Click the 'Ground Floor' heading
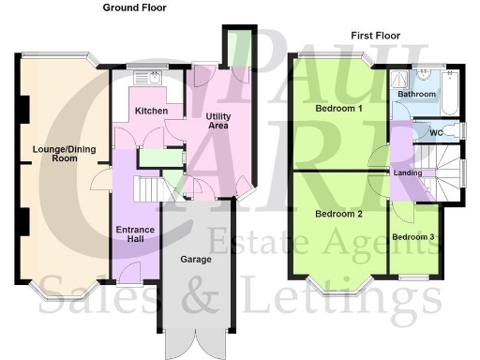pyautogui.click(x=136, y=7)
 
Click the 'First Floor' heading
pyautogui.click(x=376, y=36)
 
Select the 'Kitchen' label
pyautogui.click(x=152, y=112)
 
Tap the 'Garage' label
pyautogui.click(x=195, y=259)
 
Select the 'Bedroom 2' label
pyautogui.click(x=338, y=214)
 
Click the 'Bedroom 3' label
pyautogui.click(x=413, y=237)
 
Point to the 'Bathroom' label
pyautogui.click(x=416, y=95)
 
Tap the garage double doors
pyautogui.click(x=195, y=343)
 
